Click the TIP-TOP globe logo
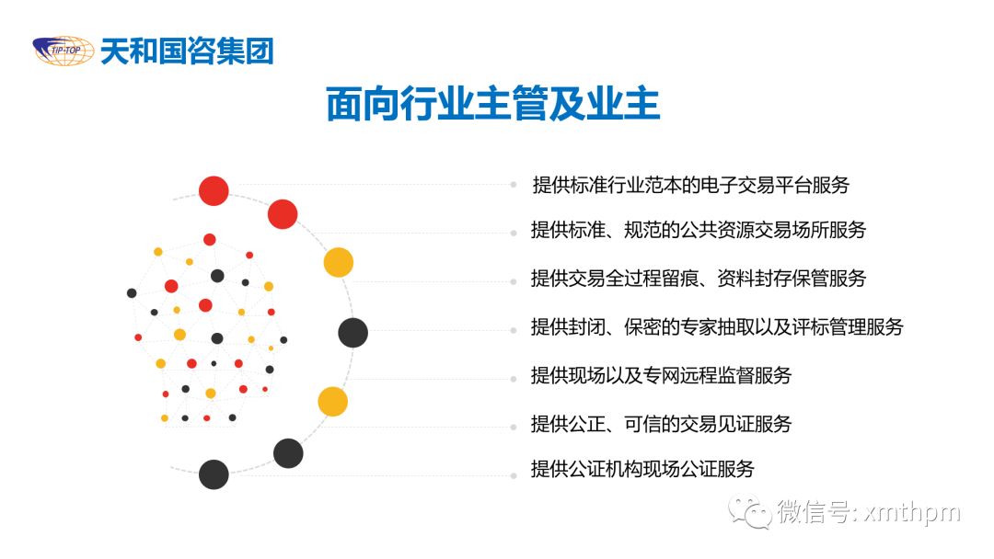[64, 51]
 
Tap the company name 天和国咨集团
[187, 51]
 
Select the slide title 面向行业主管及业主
[493, 103]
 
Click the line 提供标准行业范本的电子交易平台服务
[691, 185]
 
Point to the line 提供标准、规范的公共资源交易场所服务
[699, 230]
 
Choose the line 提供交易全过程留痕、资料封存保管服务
[699, 278]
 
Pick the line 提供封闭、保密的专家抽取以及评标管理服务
[717, 326]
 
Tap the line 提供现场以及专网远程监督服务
[661, 375]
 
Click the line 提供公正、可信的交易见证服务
[661, 424]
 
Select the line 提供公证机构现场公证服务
[642, 469]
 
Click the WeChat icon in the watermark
[749, 511]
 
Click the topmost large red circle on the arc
[214, 190]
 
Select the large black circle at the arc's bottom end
[214, 474]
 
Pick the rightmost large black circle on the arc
[353, 332]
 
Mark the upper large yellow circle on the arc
[339, 262]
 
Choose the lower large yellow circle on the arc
[333, 402]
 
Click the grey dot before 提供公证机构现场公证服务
[514, 475]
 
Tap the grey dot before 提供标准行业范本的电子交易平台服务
[514, 185]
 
